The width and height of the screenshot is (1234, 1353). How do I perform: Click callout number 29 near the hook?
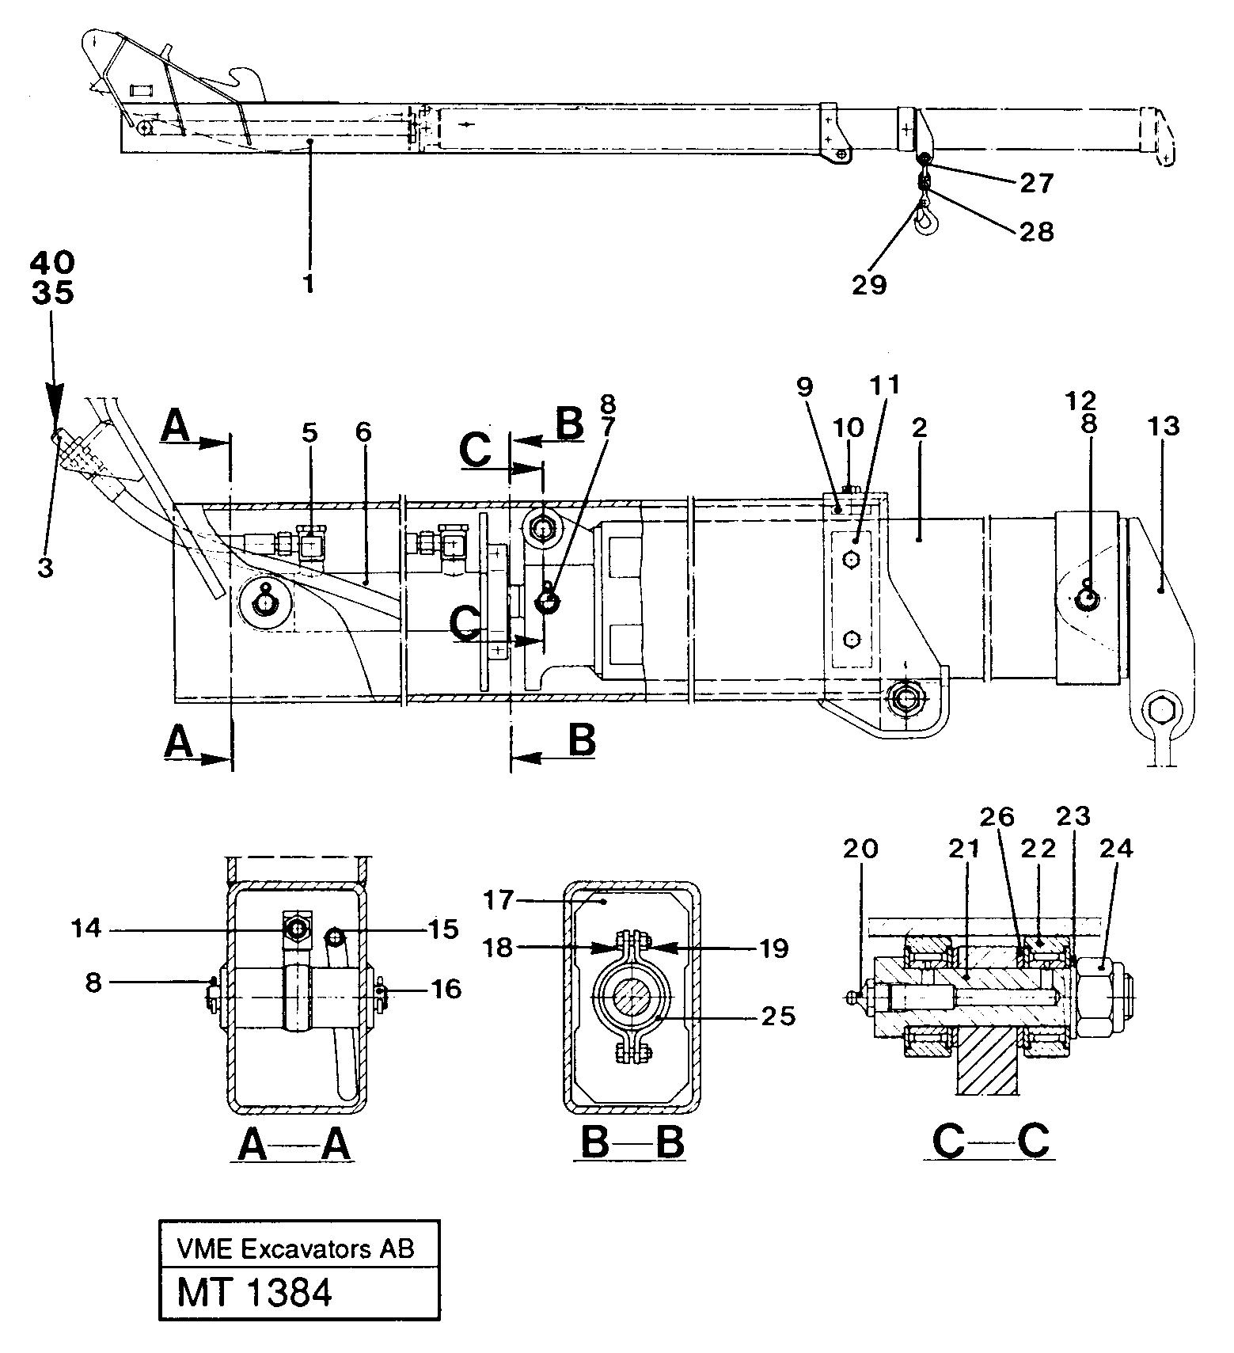tap(869, 284)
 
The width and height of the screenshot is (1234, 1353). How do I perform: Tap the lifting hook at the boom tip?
tap(924, 222)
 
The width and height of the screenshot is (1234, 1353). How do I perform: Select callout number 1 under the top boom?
tap(309, 283)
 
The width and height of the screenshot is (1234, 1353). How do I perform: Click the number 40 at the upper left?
tap(53, 262)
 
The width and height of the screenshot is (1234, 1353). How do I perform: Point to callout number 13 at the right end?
tap(1161, 427)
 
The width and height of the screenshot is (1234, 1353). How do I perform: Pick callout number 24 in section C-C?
tap(1116, 849)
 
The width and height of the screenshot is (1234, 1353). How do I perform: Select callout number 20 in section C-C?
tap(860, 849)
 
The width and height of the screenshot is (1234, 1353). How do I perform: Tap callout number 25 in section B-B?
tap(776, 1016)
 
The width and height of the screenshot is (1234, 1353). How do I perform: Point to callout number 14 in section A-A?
tap(86, 928)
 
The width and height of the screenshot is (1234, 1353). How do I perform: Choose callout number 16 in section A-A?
tap(446, 989)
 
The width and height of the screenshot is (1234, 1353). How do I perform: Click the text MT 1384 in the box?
tap(254, 1294)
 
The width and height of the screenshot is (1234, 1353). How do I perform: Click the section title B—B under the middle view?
tap(629, 1142)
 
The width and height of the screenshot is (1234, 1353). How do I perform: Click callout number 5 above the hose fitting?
tap(309, 432)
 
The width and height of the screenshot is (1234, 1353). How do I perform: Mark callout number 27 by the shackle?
tap(1036, 184)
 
